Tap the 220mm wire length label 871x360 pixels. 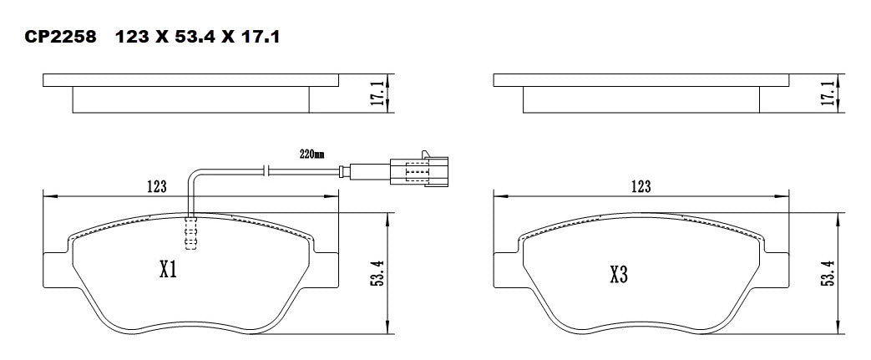click(311, 155)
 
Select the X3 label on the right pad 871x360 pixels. click(619, 275)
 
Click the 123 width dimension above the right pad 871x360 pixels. click(641, 186)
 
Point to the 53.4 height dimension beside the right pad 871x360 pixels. click(828, 272)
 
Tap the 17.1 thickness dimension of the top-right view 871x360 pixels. click(828, 93)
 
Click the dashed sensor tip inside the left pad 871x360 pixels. click(190, 233)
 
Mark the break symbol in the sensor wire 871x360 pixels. click(263, 171)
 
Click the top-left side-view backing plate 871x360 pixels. click(190, 80)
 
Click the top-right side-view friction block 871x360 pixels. click(641, 99)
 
